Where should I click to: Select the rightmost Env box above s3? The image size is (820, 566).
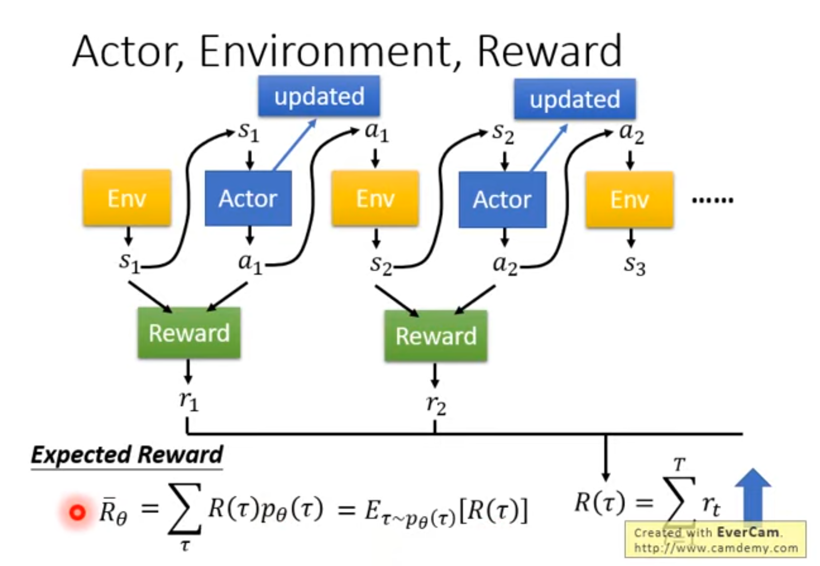pos(629,200)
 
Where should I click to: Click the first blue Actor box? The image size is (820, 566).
pos(248,199)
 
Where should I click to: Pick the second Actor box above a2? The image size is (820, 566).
pos(502,200)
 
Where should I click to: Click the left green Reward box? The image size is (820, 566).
pos(189,333)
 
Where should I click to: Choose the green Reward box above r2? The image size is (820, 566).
pos(436,335)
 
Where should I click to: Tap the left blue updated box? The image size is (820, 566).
pos(319,96)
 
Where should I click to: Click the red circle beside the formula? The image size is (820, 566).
pos(77,512)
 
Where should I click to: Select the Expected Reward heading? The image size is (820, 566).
pos(127,455)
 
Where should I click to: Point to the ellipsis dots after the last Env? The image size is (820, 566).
pos(712,200)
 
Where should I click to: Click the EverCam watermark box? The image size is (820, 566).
pos(715,540)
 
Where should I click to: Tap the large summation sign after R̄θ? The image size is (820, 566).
pos(185,509)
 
